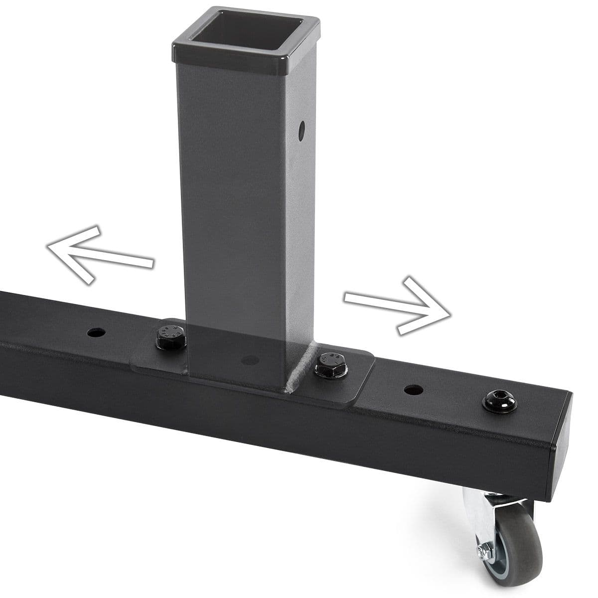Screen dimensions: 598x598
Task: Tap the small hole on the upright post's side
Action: pyautogui.click(x=301, y=130)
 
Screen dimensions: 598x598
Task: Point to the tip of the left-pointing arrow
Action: pyautogui.click(x=48, y=246)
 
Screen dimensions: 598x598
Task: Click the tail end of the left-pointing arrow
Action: pyautogui.click(x=151, y=263)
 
